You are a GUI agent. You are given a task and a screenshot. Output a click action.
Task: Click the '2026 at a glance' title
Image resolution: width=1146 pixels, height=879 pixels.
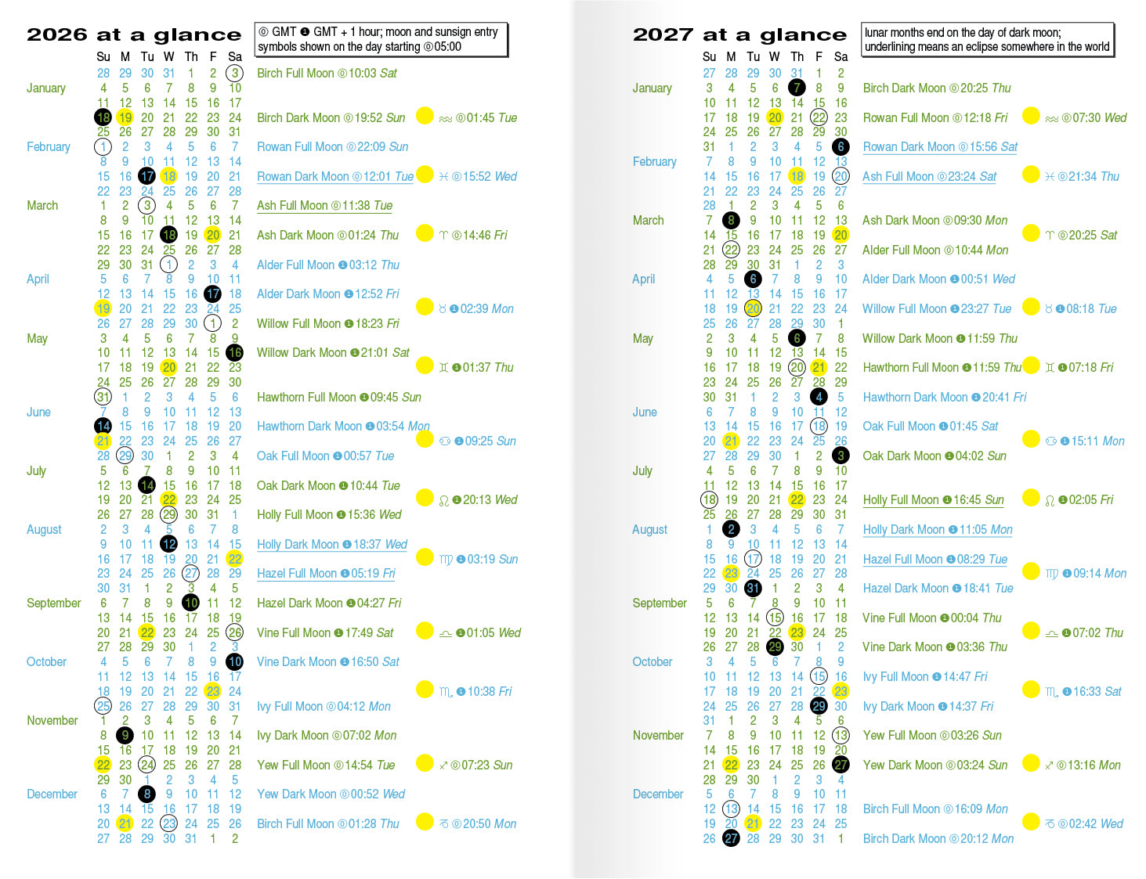(134, 35)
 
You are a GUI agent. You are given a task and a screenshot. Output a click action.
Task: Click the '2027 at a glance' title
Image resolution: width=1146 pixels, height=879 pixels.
(739, 35)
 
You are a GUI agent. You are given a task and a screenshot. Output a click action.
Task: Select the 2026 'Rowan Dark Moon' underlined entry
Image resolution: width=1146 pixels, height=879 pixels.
(334, 177)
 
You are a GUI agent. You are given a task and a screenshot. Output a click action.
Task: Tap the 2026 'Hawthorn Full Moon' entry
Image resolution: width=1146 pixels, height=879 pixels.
(338, 398)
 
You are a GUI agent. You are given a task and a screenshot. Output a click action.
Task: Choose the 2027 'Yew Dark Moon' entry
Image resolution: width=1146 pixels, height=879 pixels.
(935, 766)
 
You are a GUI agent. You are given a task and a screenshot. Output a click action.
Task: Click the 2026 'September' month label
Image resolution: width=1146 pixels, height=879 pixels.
(53, 603)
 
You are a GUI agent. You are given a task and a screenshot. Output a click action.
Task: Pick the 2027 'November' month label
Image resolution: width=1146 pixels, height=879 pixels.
(658, 736)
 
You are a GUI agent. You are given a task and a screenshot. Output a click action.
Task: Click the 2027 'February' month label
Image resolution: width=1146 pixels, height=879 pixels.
(654, 162)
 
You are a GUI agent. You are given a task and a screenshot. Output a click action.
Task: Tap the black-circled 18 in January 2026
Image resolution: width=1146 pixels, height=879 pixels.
(103, 118)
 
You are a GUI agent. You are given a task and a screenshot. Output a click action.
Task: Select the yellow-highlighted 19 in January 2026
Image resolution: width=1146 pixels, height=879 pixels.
(125, 118)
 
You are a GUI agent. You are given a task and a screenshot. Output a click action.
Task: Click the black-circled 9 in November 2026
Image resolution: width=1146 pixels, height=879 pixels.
(125, 736)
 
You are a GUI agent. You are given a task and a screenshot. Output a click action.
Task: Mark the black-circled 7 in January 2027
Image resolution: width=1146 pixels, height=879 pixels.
(797, 88)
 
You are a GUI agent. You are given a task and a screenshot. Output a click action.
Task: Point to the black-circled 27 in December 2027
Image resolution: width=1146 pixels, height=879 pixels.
(731, 839)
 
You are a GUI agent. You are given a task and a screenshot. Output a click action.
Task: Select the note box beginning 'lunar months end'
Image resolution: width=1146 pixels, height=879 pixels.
(987, 40)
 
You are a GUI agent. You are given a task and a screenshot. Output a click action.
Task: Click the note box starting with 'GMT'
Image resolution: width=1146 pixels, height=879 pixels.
(381, 40)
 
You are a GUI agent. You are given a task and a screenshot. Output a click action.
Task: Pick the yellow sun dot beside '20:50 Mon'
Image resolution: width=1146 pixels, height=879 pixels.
(425, 822)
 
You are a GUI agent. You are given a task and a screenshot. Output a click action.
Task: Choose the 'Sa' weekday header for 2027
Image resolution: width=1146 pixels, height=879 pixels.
(841, 57)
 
